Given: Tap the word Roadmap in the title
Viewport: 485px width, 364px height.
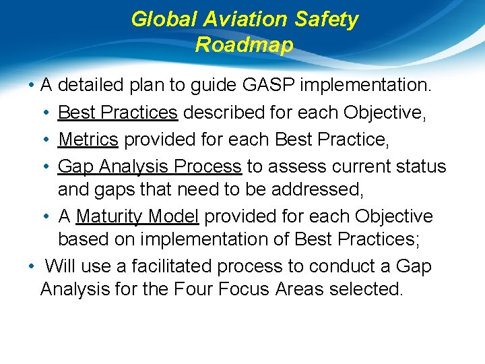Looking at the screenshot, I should [244, 45].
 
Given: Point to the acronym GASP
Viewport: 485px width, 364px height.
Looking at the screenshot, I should [269, 86].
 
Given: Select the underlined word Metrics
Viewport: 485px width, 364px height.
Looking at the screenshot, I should [88, 140].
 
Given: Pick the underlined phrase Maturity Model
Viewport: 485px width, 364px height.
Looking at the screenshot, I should [137, 216].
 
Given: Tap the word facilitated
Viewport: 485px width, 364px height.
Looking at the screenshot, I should [167, 266].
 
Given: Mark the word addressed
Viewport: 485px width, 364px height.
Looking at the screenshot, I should [317, 189].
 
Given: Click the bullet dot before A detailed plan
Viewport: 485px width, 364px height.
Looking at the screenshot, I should [32, 86].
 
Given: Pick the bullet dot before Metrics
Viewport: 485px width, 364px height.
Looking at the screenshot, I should [49, 140].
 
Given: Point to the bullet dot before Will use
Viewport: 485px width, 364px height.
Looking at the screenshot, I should [32, 266].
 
